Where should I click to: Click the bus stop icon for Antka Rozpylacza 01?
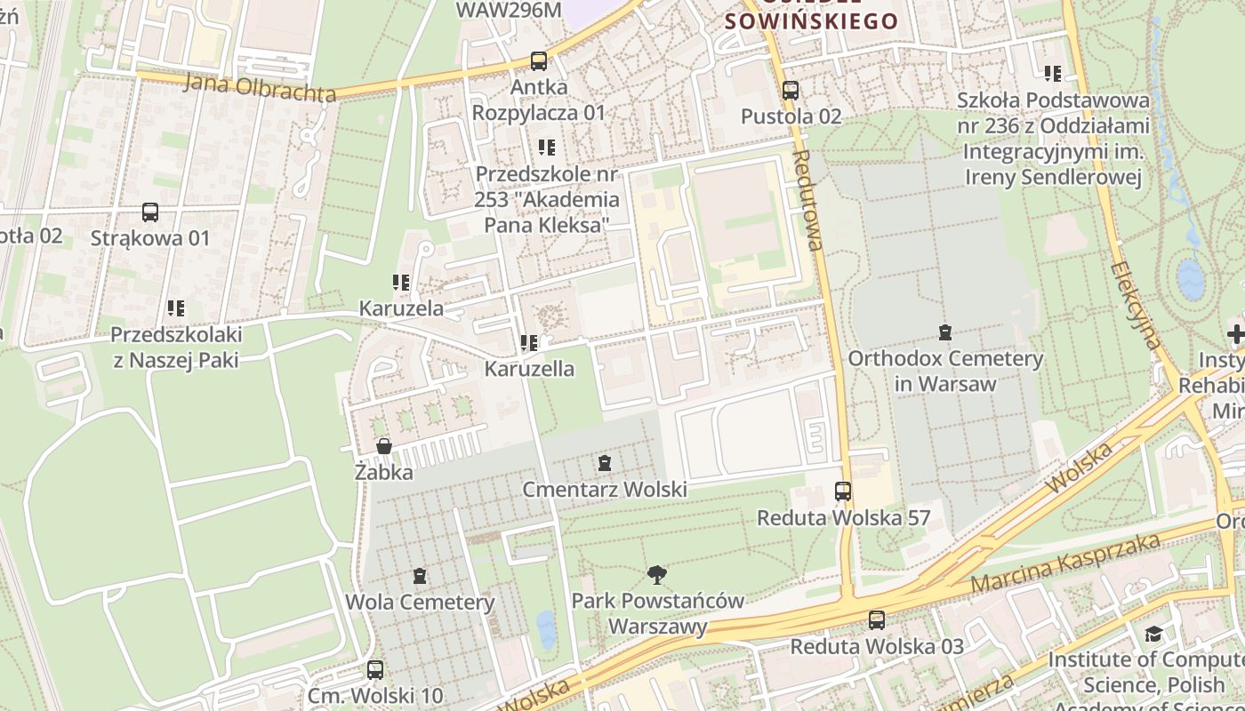click(538, 61)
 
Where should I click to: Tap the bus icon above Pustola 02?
click(790, 91)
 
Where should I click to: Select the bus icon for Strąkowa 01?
click(150, 212)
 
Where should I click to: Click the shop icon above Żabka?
click(384, 446)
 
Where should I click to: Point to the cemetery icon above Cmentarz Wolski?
click(605, 463)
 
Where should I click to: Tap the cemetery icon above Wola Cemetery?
click(420, 576)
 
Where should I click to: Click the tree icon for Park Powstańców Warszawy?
click(657, 575)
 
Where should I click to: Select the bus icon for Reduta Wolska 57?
click(842, 491)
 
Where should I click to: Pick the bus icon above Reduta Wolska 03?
click(877, 620)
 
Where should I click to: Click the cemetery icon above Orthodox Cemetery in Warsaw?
click(945, 333)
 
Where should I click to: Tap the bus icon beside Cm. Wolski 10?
click(375, 670)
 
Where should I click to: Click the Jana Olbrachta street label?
click(260, 88)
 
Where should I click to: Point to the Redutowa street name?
click(808, 200)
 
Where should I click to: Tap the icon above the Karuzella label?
click(529, 343)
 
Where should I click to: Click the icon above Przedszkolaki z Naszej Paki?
click(176, 309)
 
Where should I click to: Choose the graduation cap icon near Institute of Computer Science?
click(1153, 634)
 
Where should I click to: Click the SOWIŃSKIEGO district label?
click(812, 20)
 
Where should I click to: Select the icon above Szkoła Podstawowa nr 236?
click(1053, 74)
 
